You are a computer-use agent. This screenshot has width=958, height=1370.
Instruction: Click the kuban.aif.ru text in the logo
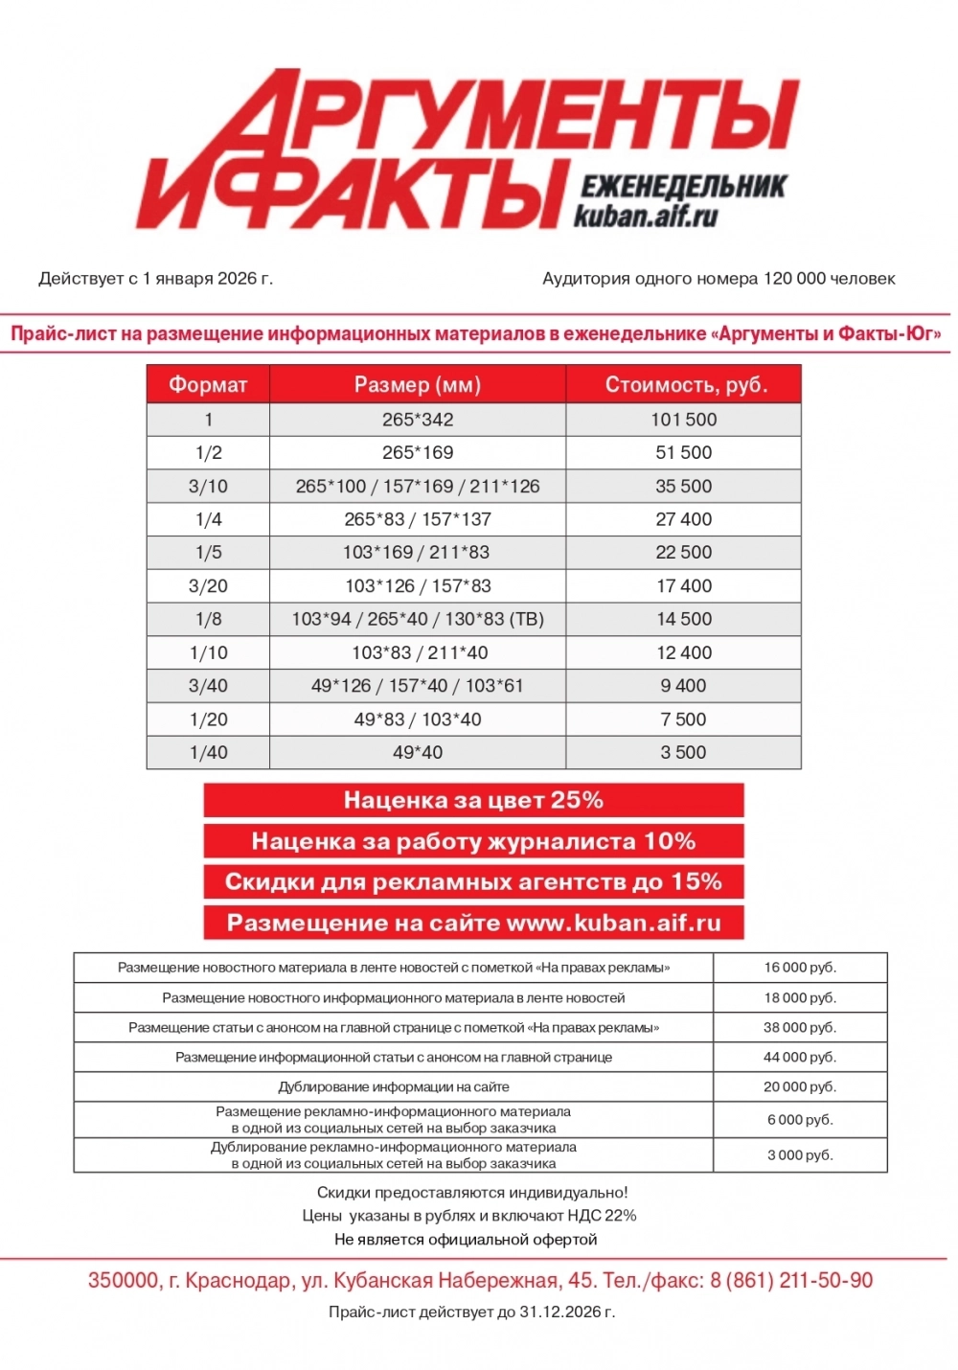pyautogui.click(x=646, y=217)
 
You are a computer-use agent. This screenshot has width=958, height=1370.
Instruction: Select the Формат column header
pyautogui.click(x=208, y=385)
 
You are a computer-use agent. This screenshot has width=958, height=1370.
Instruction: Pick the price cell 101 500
pyautogui.click(x=684, y=420)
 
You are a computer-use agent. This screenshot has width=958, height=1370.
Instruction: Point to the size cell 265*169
pyautogui.click(x=418, y=452)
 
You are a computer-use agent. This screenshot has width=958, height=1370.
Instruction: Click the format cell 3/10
pyautogui.click(x=208, y=486)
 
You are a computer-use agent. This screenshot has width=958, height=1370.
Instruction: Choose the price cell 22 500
pyautogui.click(x=684, y=552)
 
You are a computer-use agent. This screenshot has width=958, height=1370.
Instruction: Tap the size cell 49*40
pyautogui.click(x=418, y=752)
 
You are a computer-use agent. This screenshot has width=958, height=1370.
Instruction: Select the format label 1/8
pyautogui.click(x=208, y=619)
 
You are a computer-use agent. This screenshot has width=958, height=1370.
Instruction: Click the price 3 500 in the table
pyautogui.click(x=684, y=752)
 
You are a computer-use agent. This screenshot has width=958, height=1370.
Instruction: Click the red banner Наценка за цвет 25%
pyautogui.click(x=473, y=800)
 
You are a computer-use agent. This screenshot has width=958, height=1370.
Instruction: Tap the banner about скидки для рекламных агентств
pyautogui.click(x=473, y=881)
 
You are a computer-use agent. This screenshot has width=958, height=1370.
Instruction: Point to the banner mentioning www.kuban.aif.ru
pyautogui.click(x=473, y=923)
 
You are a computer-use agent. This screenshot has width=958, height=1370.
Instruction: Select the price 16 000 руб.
pyautogui.click(x=800, y=968)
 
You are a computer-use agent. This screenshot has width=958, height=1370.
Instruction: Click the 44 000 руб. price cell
pyautogui.click(x=800, y=1057)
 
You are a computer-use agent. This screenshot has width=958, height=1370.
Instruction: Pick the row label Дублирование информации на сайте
pyautogui.click(x=394, y=1086)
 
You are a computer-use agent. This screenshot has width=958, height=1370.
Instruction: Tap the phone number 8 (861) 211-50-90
pyautogui.click(x=791, y=1280)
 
